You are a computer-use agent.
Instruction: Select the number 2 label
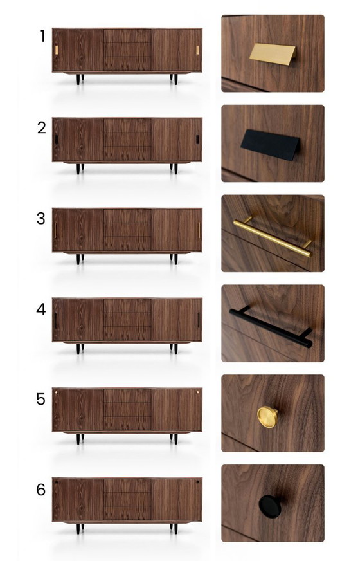42,127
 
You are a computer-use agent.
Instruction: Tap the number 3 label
41,218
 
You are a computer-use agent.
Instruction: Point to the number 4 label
41,309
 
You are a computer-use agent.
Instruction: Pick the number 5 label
41,400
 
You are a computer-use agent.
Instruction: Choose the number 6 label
41,490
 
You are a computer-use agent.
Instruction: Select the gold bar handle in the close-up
273,237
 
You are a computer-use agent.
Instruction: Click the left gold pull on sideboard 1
57,50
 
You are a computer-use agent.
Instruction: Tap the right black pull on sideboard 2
197,140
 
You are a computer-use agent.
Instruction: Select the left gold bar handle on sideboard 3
55,230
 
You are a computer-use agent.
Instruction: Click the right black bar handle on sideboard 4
199,320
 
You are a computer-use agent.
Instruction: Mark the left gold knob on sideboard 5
57,391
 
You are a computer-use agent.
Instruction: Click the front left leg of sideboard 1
79,79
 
